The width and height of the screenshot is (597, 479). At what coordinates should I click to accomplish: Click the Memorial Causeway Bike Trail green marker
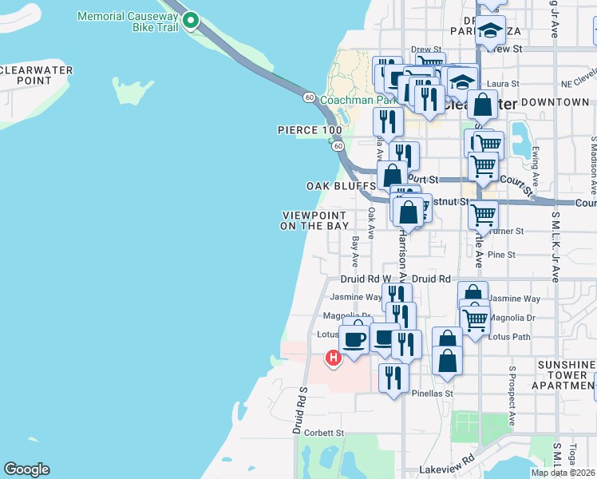coord(190,21)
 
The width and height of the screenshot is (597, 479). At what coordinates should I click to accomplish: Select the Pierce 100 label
coord(309,130)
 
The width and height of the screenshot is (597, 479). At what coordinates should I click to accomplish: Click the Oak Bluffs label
coord(341,186)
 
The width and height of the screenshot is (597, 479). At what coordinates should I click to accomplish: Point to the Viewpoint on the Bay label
coord(315,220)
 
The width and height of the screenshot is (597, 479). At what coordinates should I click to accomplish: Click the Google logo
coord(26,469)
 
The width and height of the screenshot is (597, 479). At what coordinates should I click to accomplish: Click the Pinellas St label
coord(432,394)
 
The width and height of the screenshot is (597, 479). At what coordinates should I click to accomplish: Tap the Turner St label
coord(508,231)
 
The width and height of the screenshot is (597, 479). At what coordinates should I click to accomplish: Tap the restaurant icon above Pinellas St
coord(393,377)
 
